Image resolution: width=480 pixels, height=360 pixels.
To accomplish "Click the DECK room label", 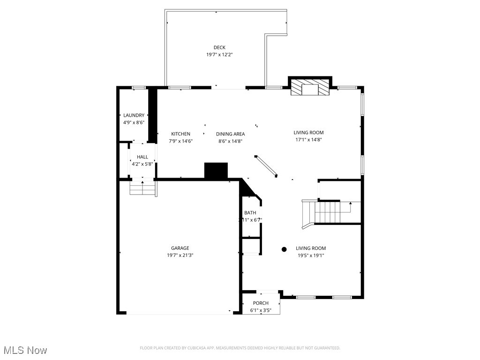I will click(219, 47).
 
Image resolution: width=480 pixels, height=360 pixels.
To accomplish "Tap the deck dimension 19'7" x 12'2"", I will click(219, 55).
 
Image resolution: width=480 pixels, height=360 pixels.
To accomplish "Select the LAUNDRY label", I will click(134, 115).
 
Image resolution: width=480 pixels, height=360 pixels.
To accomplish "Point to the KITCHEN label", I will click(180, 134).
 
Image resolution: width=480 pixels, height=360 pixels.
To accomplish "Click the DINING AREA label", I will click(230, 134).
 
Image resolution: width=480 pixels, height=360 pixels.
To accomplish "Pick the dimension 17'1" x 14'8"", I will click(308, 140).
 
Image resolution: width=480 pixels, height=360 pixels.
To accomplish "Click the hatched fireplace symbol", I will click(309, 88).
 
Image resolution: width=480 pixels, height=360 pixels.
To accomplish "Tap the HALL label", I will click(142, 157).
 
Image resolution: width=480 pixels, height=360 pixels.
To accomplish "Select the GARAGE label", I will click(180, 248).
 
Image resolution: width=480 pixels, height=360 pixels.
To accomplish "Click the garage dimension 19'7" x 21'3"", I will click(180, 255).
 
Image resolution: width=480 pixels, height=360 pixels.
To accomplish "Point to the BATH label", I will click(250, 213).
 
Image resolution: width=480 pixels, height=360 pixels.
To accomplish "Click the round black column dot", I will click(284, 249).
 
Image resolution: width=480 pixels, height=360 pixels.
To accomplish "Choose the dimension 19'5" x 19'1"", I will click(310, 255).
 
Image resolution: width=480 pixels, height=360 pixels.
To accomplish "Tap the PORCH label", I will click(261, 303).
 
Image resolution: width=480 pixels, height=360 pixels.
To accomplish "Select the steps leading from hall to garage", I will click(142, 188).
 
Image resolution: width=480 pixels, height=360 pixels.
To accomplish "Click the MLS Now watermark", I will click(25, 350).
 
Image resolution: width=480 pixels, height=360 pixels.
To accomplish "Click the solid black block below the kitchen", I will click(216, 171).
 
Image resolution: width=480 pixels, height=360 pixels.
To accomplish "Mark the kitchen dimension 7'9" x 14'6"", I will click(180, 141).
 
